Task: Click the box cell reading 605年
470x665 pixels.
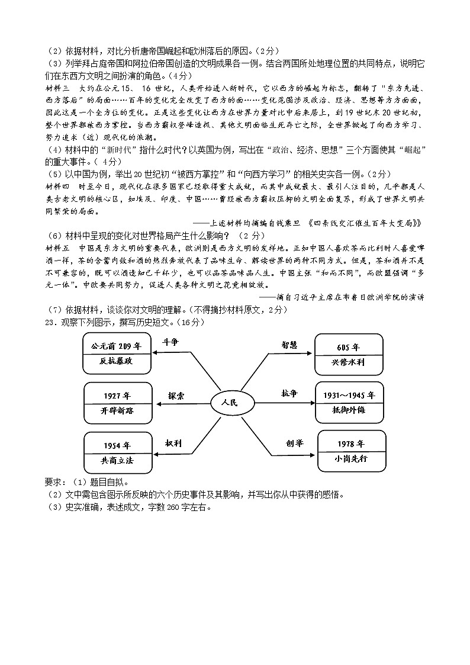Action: point(348,347)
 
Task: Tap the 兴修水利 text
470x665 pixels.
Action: point(348,363)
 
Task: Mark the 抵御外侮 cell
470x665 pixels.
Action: point(349,410)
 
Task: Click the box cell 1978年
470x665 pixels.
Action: point(351,444)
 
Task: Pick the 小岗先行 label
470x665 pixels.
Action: point(351,460)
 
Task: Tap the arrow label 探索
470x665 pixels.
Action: point(176,395)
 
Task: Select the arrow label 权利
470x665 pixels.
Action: point(174,442)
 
